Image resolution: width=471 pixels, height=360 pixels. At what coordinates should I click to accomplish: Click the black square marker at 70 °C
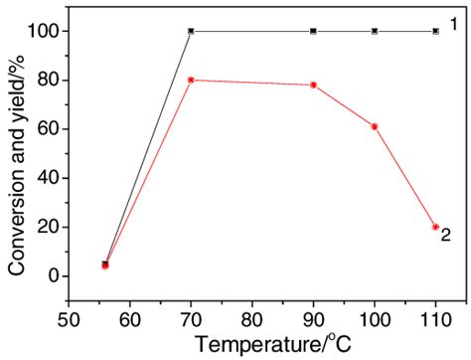tap(190, 31)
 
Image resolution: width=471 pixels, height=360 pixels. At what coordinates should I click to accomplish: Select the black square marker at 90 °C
tap(313, 31)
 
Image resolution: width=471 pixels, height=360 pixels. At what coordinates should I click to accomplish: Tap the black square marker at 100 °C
tap(375, 31)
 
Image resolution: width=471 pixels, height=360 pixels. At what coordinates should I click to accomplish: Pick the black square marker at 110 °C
tap(435, 31)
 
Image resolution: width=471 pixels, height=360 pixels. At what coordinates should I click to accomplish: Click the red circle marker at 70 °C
tap(190, 80)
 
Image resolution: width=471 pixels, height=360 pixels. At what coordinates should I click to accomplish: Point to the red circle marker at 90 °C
tap(313, 85)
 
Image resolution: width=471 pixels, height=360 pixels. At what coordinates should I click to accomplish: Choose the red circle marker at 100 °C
tap(375, 126)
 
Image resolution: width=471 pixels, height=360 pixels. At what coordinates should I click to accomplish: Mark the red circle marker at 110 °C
tap(435, 227)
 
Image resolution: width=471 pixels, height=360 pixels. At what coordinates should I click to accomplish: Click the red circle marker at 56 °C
tap(104, 266)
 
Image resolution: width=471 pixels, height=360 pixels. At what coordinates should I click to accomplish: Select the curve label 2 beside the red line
tap(448, 236)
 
